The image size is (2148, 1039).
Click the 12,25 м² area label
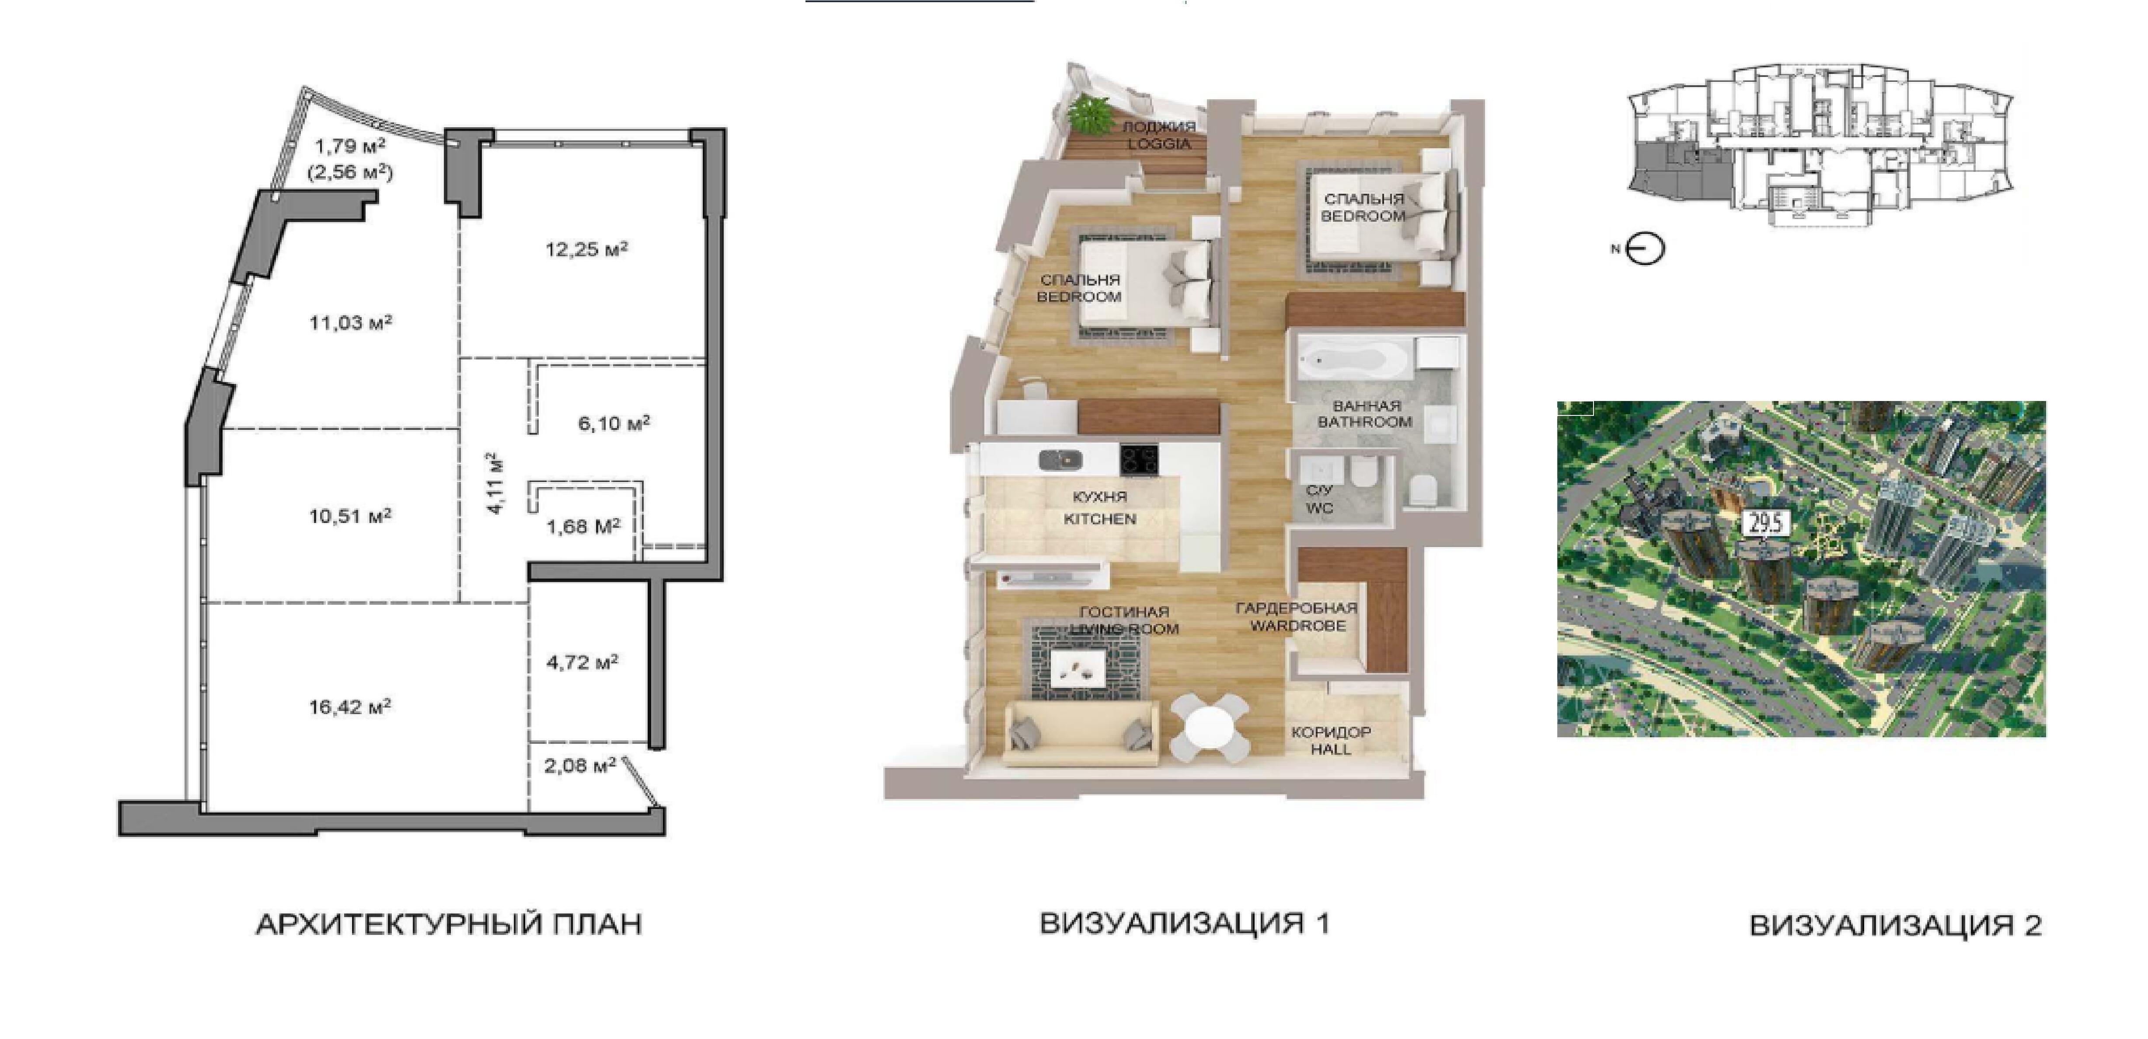coord(587,248)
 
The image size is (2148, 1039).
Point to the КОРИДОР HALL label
coord(1331,740)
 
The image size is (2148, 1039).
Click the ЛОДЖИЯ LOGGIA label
coord(1159,135)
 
